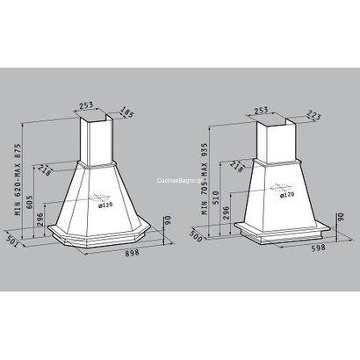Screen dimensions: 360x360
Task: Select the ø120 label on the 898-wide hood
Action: [x=106, y=205]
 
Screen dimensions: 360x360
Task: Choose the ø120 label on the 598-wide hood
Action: [x=285, y=195]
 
